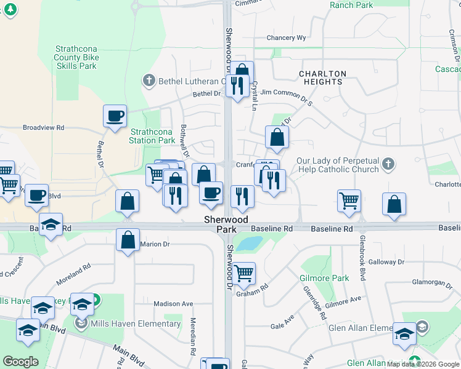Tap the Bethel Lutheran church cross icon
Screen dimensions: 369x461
pos(148,81)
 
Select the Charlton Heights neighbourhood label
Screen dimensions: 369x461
pos(322,77)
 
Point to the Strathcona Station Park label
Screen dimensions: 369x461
pos(152,136)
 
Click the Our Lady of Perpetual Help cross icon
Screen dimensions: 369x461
pos(387,164)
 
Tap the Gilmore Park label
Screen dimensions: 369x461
pos(324,278)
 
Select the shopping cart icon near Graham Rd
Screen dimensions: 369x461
pos(245,271)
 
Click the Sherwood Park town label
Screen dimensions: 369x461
pos(226,224)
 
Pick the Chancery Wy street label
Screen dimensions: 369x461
pos(286,38)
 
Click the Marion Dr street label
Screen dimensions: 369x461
pos(155,244)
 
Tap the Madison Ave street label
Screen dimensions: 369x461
pos(173,304)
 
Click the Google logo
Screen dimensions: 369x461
pos(20,362)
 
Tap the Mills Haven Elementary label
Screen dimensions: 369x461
pos(136,323)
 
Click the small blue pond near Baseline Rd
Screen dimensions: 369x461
pos(249,244)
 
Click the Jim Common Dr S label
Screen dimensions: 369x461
pos(287,92)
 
